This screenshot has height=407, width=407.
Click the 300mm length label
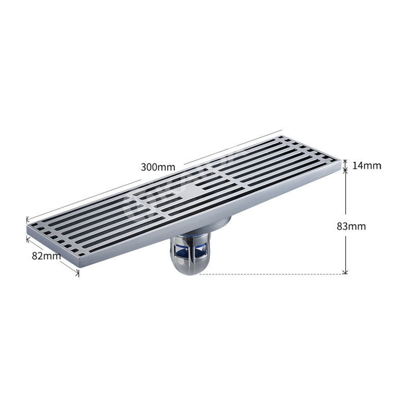coord(158,167)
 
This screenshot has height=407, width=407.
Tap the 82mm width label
coord(46,256)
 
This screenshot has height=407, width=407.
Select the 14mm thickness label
coord(366,165)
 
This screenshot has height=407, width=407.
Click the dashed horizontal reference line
coord(272,274)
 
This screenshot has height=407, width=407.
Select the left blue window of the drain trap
coord(180,251)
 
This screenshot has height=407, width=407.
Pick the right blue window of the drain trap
coord(200,250)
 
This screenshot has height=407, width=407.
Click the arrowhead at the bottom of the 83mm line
coord(345,272)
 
